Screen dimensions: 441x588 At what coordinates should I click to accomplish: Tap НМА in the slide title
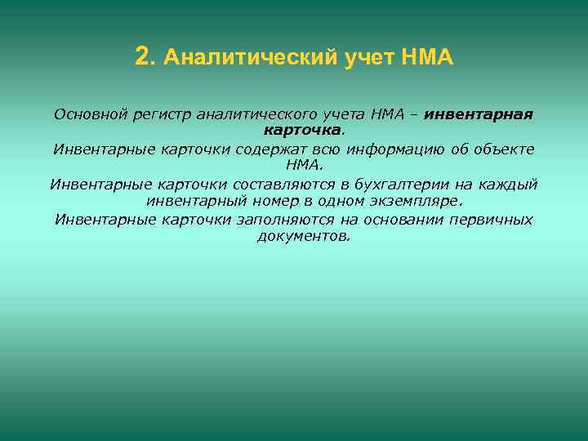click(x=426, y=58)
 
